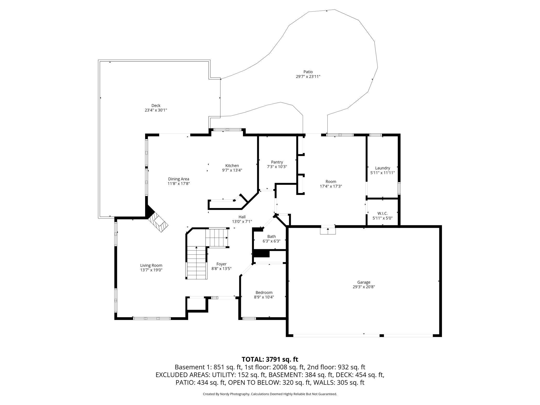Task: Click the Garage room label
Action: [364, 282]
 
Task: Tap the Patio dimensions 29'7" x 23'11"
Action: [308, 77]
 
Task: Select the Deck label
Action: [156, 105]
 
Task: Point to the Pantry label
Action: [277, 162]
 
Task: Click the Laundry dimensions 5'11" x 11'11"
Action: [382, 173]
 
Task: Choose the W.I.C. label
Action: [382, 213]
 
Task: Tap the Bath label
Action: [272, 236]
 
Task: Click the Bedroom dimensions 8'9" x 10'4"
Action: [264, 297]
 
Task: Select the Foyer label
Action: [221, 264]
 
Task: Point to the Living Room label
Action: [151, 265]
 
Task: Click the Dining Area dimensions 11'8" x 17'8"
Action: [179, 184]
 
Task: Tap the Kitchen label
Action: [232, 166]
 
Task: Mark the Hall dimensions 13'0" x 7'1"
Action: [242, 222]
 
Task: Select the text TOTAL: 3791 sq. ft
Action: [270, 359]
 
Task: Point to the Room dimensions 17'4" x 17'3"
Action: [331, 186]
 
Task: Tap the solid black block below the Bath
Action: [261, 253]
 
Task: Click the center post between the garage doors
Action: [382, 336]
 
